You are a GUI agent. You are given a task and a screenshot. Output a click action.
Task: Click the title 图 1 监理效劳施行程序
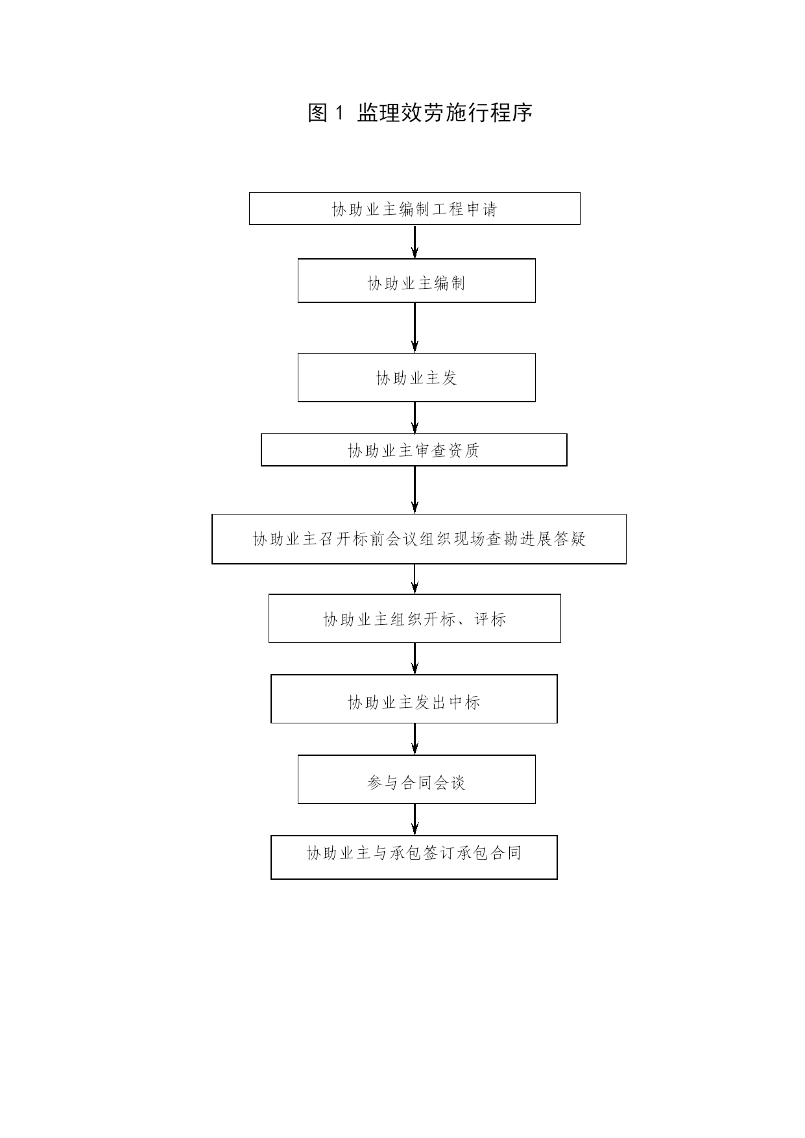coord(420,113)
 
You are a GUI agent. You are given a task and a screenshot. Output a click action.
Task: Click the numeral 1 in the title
coord(337,114)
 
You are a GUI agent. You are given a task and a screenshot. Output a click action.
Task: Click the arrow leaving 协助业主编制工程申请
coord(415,242)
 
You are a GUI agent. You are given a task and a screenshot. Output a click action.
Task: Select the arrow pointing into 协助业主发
coord(415,328)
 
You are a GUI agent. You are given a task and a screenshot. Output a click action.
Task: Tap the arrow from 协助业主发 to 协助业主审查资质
coord(415,418)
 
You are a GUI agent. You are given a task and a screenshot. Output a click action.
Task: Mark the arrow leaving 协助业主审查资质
coord(415,490)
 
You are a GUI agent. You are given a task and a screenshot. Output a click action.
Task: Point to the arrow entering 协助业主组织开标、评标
coord(415,579)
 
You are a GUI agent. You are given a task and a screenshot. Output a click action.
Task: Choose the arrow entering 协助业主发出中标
coord(415,659)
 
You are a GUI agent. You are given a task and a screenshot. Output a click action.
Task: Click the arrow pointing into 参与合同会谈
coord(415,739)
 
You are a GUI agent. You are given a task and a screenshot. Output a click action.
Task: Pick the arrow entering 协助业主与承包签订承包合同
coord(415,819)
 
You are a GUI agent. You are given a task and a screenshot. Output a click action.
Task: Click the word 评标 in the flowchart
coord(490,619)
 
